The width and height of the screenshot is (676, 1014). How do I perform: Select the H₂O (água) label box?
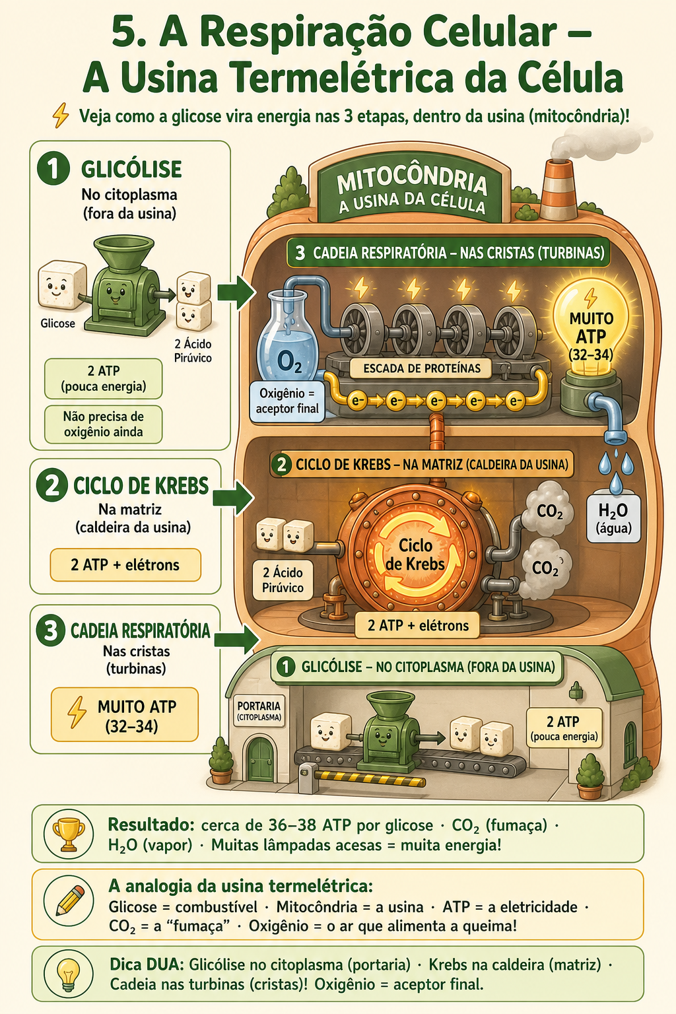pyautogui.click(x=613, y=518)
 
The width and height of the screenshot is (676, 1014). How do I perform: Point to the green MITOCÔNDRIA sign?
pyautogui.click(x=411, y=191)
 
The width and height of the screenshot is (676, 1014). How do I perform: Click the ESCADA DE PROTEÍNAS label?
pyautogui.click(x=422, y=368)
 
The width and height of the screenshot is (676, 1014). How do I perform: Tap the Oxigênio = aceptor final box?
pyautogui.click(x=287, y=401)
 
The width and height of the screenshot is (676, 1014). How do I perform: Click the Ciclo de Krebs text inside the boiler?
pyautogui.click(x=415, y=555)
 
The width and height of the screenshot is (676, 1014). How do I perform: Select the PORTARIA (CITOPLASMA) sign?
pyautogui.click(x=259, y=711)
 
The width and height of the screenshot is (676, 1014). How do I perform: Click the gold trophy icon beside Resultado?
pyautogui.click(x=69, y=834)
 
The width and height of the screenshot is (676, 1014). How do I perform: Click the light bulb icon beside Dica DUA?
pyautogui.click(x=69, y=974)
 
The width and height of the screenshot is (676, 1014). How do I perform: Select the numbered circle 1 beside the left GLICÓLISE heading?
pyautogui.click(x=53, y=168)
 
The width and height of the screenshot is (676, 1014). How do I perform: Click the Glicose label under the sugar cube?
pyautogui.click(x=57, y=323)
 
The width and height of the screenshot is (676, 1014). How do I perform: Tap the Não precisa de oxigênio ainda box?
pyautogui.click(x=103, y=424)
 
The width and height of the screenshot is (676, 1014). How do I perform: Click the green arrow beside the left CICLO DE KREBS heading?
pyautogui.click(x=233, y=498)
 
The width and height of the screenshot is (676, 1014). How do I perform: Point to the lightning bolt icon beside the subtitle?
pyautogui.click(x=61, y=116)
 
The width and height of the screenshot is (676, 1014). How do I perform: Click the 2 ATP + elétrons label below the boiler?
pyautogui.click(x=417, y=625)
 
